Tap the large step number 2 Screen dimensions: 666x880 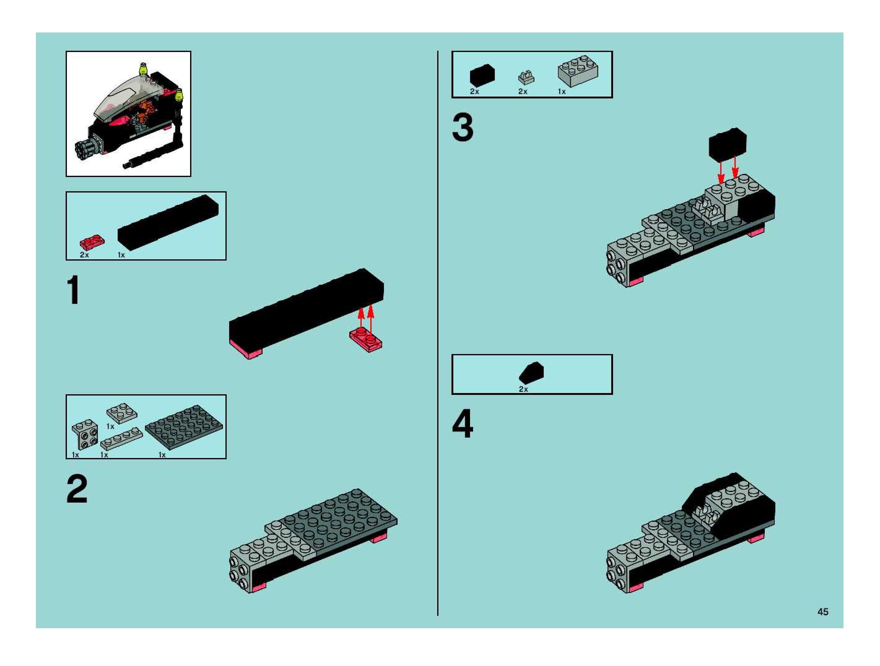click(77, 489)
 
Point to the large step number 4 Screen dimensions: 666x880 click(463, 424)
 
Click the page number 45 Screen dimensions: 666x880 click(823, 612)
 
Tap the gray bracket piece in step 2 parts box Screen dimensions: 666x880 click(85, 434)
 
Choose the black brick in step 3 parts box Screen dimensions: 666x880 click(482, 76)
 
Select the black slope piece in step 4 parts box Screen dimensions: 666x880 click(532, 373)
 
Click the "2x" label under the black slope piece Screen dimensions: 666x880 click(523, 389)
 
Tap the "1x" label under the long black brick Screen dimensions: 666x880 click(121, 255)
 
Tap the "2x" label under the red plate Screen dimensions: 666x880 click(84, 255)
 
